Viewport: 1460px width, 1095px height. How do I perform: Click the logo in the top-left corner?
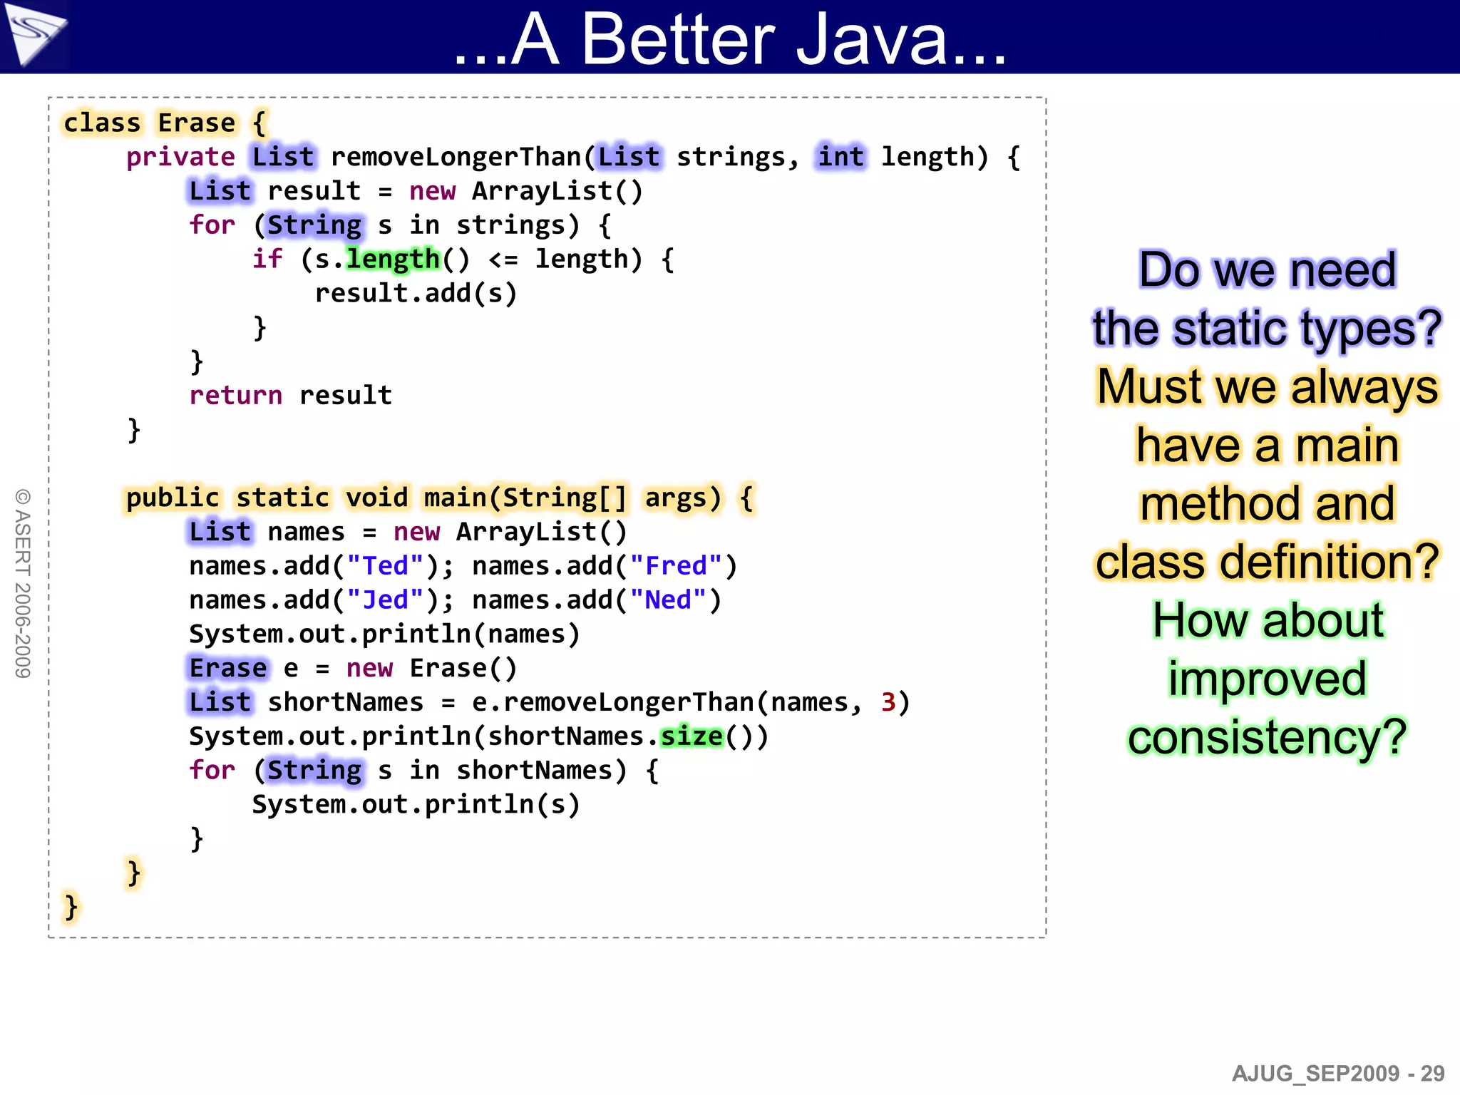click(34, 34)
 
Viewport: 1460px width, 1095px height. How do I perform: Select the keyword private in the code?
click(180, 157)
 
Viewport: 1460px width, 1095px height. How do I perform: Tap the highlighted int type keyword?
click(840, 157)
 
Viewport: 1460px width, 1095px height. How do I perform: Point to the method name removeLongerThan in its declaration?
click(456, 157)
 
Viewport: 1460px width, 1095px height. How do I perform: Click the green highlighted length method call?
click(393, 259)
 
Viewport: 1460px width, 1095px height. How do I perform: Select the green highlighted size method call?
click(692, 736)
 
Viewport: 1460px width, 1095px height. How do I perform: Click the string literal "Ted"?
click(385, 565)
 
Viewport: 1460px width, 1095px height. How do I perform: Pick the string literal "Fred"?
click(676, 565)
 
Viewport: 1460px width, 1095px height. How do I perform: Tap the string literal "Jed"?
click(385, 600)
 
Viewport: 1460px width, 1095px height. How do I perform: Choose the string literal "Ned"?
click(668, 600)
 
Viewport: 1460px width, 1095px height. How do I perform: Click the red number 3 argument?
click(888, 702)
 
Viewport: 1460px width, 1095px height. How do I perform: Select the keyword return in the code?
click(235, 395)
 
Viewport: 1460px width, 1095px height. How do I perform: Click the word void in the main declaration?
click(376, 498)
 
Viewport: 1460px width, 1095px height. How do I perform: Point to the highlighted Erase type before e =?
click(228, 668)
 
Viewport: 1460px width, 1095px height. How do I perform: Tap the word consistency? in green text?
click(1267, 737)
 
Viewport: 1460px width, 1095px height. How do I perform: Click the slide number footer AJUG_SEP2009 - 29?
click(1337, 1074)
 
